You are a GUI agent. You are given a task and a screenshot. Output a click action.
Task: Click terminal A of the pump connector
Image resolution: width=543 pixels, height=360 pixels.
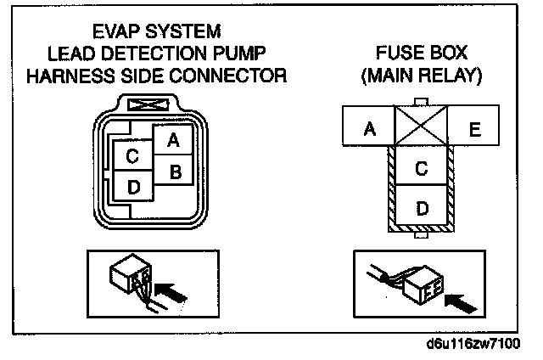click(x=173, y=140)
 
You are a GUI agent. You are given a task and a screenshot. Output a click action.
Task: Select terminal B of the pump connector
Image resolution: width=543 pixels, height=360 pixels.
click(x=174, y=171)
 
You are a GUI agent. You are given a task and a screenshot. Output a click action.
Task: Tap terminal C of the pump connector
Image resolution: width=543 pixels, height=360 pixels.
click(x=132, y=156)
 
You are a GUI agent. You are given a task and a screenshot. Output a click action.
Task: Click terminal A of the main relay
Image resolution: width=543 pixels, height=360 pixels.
click(x=369, y=129)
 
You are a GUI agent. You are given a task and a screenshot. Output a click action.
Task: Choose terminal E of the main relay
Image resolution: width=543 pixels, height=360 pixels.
click(x=474, y=129)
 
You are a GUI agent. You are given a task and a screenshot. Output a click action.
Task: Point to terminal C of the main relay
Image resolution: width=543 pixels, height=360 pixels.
click(x=421, y=168)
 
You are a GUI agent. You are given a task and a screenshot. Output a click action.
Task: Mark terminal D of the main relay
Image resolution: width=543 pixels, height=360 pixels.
click(x=421, y=206)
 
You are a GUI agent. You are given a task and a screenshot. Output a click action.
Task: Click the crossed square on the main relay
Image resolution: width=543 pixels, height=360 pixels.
click(x=422, y=127)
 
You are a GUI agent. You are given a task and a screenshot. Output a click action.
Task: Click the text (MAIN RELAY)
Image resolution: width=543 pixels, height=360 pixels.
click(x=421, y=76)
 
